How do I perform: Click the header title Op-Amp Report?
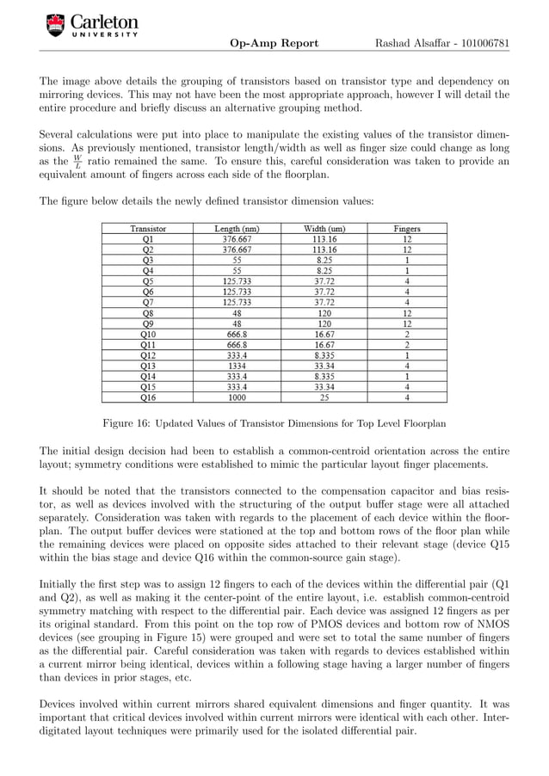tap(274, 43)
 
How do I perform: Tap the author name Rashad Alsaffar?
tap(406, 43)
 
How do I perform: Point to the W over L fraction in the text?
tap(77, 162)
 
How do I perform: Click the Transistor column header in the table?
tap(148, 229)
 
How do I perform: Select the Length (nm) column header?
tap(237, 229)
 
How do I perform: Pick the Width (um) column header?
tap(324, 229)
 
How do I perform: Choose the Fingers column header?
tap(407, 229)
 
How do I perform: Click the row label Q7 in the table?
tap(148, 302)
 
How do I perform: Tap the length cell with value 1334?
tap(237, 364)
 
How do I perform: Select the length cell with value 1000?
tap(237, 397)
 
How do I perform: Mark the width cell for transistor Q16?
tap(324, 397)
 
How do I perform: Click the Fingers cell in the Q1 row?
tap(407, 240)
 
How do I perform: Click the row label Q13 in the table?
tap(148, 364)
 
